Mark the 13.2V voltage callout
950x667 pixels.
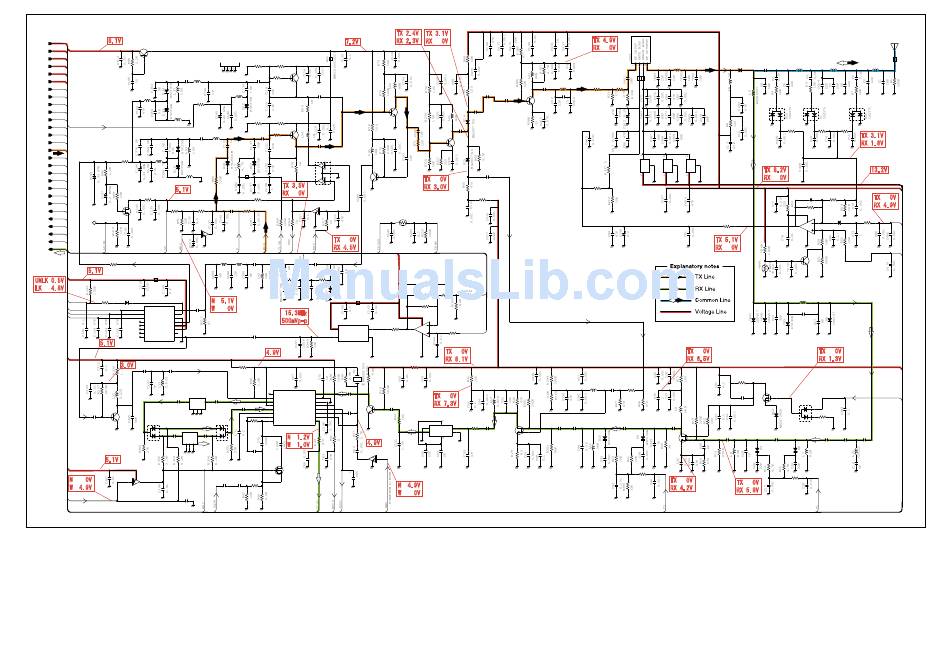pyautogui.click(x=878, y=170)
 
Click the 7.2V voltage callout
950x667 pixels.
pyautogui.click(x=352, y=42)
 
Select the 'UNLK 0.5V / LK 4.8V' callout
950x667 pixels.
pyautogui.click(x=49, y=284)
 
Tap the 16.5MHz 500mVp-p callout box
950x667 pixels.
pyautogui.click(x=294, y=318)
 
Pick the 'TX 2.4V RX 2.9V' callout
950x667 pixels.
pyautogui.click(x=408, y=37)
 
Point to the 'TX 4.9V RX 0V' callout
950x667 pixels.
pyautogui.click(x=605, y=43)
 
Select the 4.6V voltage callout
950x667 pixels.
pyautogui.click(x=272, y=352)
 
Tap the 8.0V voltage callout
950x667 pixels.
pyautogui.click(x=127, y=365)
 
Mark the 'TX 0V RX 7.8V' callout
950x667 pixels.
pyautogui.click(x=445, y=399)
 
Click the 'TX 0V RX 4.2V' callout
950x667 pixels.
pyautogui.click(x=682, y=484)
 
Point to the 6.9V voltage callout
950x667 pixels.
pyautogui.click(x=373, y=442)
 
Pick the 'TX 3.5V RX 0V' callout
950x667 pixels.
pyautogui.click(x=293, y=189)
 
